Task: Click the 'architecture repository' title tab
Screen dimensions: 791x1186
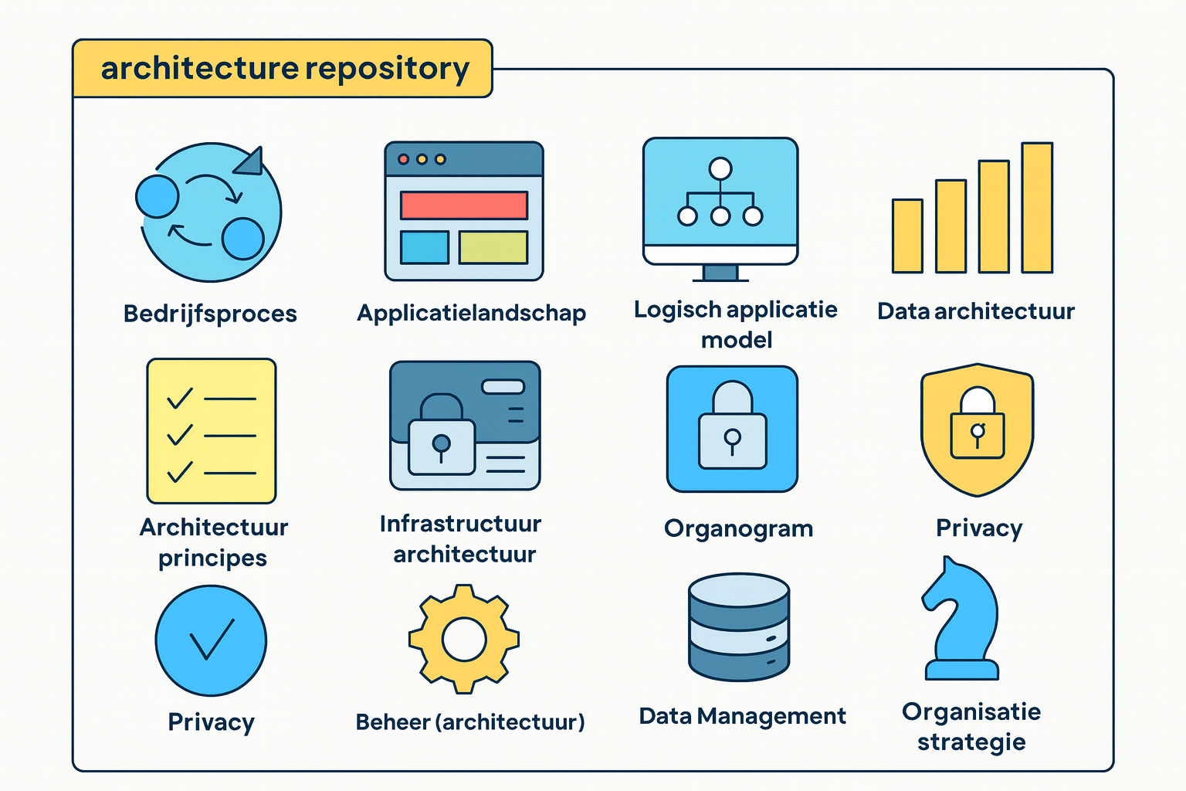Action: coord(283,69)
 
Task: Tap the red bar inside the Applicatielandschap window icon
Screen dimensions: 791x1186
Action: coord(463,205)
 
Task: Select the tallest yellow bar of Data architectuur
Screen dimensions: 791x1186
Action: coord(1037,208)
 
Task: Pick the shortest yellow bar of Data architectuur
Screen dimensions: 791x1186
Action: coord(907,236)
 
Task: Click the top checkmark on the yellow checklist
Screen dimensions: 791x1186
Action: coord(180,398)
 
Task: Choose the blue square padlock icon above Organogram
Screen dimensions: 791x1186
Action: coord(732,429)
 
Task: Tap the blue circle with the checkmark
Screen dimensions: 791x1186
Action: coord(211,640)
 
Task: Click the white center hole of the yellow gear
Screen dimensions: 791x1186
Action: coord(464,640)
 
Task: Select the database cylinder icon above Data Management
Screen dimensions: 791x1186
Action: coord(738,626)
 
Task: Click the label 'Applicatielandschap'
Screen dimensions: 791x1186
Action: coord(471,313)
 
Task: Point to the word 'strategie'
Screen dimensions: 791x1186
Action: coord(971,742)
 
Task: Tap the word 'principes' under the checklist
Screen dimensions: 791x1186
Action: coord(212,558)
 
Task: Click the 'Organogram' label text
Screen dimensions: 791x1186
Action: coord(738,528)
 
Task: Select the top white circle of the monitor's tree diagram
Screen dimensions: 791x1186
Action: coord(720,168)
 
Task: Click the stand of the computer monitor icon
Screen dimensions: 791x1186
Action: coord(720,273)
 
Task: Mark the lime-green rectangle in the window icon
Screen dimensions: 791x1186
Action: coord(493,247)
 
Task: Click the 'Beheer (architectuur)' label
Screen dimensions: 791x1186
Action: coord(469,722)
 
